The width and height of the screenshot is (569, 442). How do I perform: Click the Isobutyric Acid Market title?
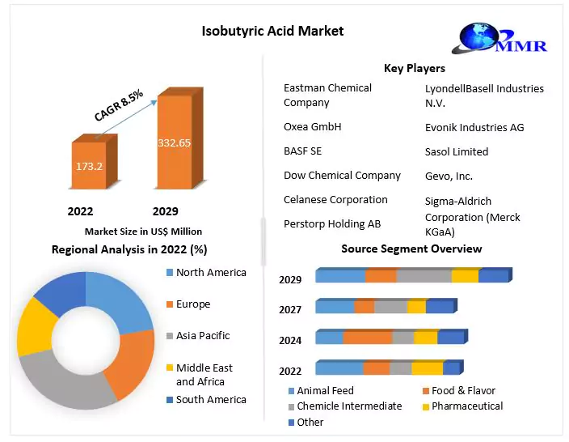(273, 31)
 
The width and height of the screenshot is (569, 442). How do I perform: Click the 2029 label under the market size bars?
(165, 211)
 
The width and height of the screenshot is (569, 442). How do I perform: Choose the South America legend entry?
(210, 399)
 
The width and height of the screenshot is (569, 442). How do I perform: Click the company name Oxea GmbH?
(312, 127)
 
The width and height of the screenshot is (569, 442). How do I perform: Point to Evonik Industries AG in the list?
(474, 128)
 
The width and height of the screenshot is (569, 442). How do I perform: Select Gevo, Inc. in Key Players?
(449, 176)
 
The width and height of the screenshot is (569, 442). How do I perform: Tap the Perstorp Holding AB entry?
(331, 223)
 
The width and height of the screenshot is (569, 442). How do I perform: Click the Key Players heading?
(414, 68)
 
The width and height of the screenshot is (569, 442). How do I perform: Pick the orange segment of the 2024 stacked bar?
(367, 338)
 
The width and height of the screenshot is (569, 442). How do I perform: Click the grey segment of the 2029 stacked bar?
(424, 276)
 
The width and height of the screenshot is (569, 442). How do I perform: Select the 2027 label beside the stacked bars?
(290, 309)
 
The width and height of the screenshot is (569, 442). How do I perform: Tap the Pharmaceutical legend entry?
(467, 406)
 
